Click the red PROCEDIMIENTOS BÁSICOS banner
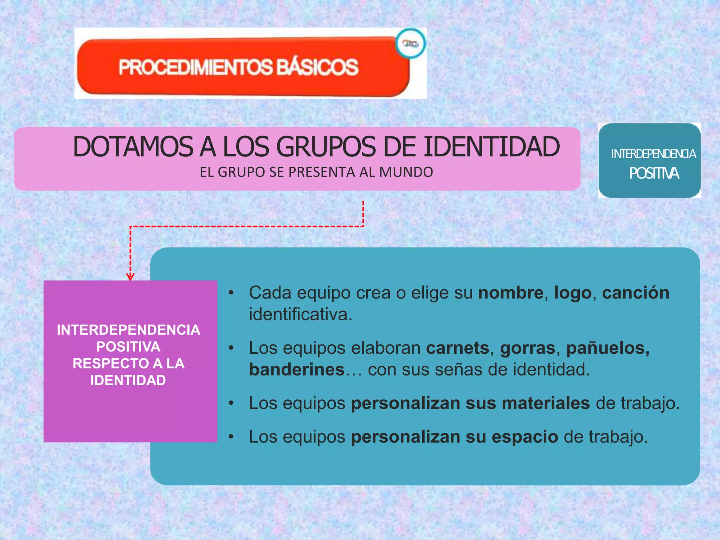239,67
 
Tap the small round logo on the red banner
411,44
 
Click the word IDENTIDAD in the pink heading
491,147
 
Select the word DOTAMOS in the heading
133,147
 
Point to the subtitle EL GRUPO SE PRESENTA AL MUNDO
316,172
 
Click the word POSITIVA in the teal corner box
654,173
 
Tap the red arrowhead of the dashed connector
130,277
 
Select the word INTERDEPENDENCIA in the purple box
129,330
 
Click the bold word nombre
511,293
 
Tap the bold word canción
636,293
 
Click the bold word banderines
297,369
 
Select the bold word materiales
546,403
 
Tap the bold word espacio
525,437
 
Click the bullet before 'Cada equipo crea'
231,293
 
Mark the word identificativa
300,314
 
